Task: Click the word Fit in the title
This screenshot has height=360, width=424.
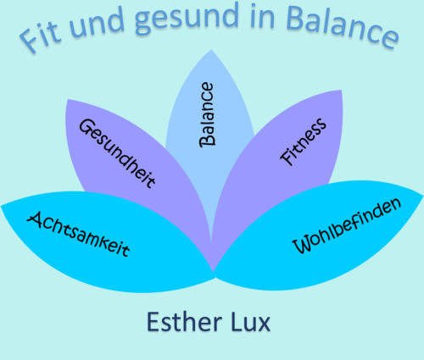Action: pos(40,36)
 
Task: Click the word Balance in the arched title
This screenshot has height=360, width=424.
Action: pos(343,27)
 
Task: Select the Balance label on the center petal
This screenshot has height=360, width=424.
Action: pos(207,114)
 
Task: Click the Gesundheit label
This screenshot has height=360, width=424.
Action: pos(117,153)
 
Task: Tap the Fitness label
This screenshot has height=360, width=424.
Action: pos(303,141)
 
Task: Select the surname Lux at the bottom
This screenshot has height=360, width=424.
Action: pos(250,322)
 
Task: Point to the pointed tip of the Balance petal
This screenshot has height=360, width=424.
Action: pos(211,50)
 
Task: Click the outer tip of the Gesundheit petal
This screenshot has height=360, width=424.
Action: pos(68,100)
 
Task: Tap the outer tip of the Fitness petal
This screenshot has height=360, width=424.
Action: pos(342,91)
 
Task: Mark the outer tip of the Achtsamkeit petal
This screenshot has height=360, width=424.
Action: pos(2,206)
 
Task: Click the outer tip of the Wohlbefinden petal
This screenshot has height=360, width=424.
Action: pos(422,195)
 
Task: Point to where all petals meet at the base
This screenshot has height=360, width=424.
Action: pos(214,273)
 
